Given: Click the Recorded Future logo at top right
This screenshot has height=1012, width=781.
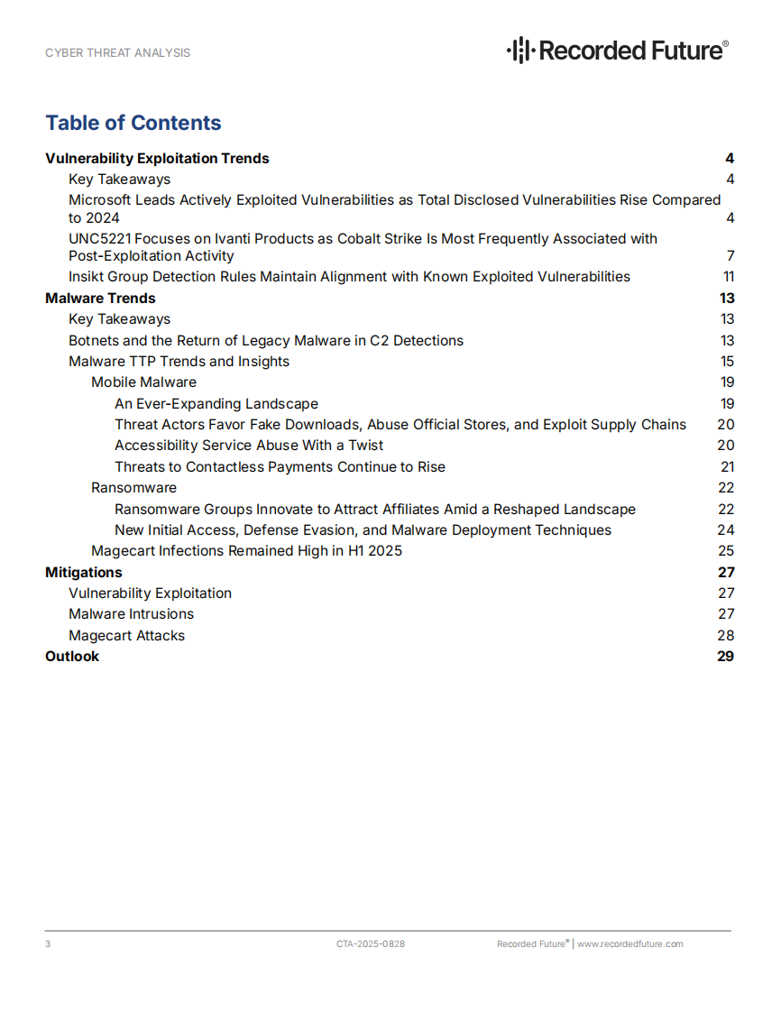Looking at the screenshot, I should coord(618,50).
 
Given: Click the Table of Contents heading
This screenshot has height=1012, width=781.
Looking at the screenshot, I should coord(133,123).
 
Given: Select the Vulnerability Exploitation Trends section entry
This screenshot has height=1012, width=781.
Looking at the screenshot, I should coord(157,159).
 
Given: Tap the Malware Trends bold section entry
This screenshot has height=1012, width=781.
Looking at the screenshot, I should coord(100,299).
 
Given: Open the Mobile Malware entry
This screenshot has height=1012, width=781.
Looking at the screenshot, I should coord(143,382).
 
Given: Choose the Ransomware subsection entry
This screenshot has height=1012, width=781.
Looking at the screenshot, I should coord(133,488).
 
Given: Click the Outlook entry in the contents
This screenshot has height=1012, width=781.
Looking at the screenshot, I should coord(72,657).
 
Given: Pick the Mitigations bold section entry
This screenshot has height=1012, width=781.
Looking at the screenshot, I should coord(84,573).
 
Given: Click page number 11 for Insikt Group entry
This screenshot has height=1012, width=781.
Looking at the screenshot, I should coord(729,277).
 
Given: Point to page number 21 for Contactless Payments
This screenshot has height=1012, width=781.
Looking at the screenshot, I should coord(728,467).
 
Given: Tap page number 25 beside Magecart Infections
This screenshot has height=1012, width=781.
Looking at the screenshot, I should coord(726,551).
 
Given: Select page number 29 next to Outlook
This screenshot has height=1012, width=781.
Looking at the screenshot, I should coord(726,657).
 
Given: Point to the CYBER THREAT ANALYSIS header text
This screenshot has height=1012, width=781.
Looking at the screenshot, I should coord(118,53).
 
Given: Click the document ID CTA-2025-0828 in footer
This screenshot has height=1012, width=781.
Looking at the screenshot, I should coord(371,944).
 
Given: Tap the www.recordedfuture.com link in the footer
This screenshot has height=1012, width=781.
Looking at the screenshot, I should coord(629,944).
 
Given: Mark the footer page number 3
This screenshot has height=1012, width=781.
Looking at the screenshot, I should coord(48,944).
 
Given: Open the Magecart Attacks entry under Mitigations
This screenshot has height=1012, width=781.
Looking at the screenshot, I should coord(126,636).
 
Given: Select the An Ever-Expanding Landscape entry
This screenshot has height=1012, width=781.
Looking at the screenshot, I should coord(216,404).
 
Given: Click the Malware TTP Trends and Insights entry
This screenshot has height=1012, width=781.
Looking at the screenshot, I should coord(179,362).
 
